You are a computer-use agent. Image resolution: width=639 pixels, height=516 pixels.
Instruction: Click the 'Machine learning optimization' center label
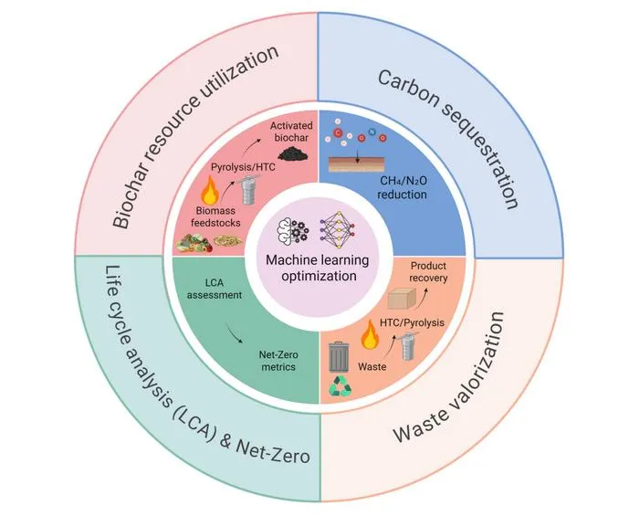tap(318, 268)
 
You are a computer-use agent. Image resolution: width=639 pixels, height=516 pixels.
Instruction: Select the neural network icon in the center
tap(338, 230)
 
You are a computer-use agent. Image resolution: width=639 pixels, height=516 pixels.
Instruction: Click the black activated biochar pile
tap(293, 153)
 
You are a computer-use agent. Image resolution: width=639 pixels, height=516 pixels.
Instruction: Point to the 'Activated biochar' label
tap(291, 132)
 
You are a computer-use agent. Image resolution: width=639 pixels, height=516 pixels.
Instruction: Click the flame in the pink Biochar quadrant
tap(211, 190)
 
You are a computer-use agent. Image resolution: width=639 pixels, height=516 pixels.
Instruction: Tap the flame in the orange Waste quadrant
tap(370, 334)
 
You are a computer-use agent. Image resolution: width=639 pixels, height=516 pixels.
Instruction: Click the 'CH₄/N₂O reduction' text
tap(403, 187)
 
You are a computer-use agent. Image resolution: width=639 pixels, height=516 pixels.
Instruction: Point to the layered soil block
tap(357, 164)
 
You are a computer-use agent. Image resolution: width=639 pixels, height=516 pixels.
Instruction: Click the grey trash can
tap(339, 357)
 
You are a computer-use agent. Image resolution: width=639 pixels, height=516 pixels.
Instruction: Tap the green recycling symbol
tap(340, 387)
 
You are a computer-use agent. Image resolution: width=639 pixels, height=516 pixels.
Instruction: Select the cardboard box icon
tap(402, 299)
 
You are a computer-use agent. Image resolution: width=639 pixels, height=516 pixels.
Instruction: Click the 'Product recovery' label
tap(428, 272)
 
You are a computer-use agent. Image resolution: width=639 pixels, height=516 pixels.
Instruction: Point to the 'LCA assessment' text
tap(215, 289)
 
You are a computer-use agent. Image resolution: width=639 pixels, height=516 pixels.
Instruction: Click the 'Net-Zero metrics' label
tap(278, 361)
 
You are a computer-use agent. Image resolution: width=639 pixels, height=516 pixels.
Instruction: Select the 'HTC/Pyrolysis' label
tap(412, 322)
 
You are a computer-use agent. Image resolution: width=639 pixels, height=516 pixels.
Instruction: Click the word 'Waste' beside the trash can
tap(372, 367)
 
